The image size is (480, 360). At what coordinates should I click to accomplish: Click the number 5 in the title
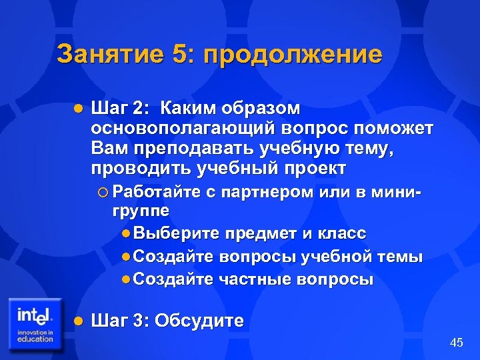point(179,54)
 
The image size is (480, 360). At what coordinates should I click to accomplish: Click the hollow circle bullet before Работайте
point(102,193)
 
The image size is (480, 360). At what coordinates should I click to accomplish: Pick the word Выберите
point(176,233)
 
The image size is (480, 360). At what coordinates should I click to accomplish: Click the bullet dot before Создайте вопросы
point(127,257)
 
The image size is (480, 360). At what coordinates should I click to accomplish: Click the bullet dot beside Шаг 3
point(77,321)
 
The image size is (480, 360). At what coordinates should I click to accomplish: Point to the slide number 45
point(457,343)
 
